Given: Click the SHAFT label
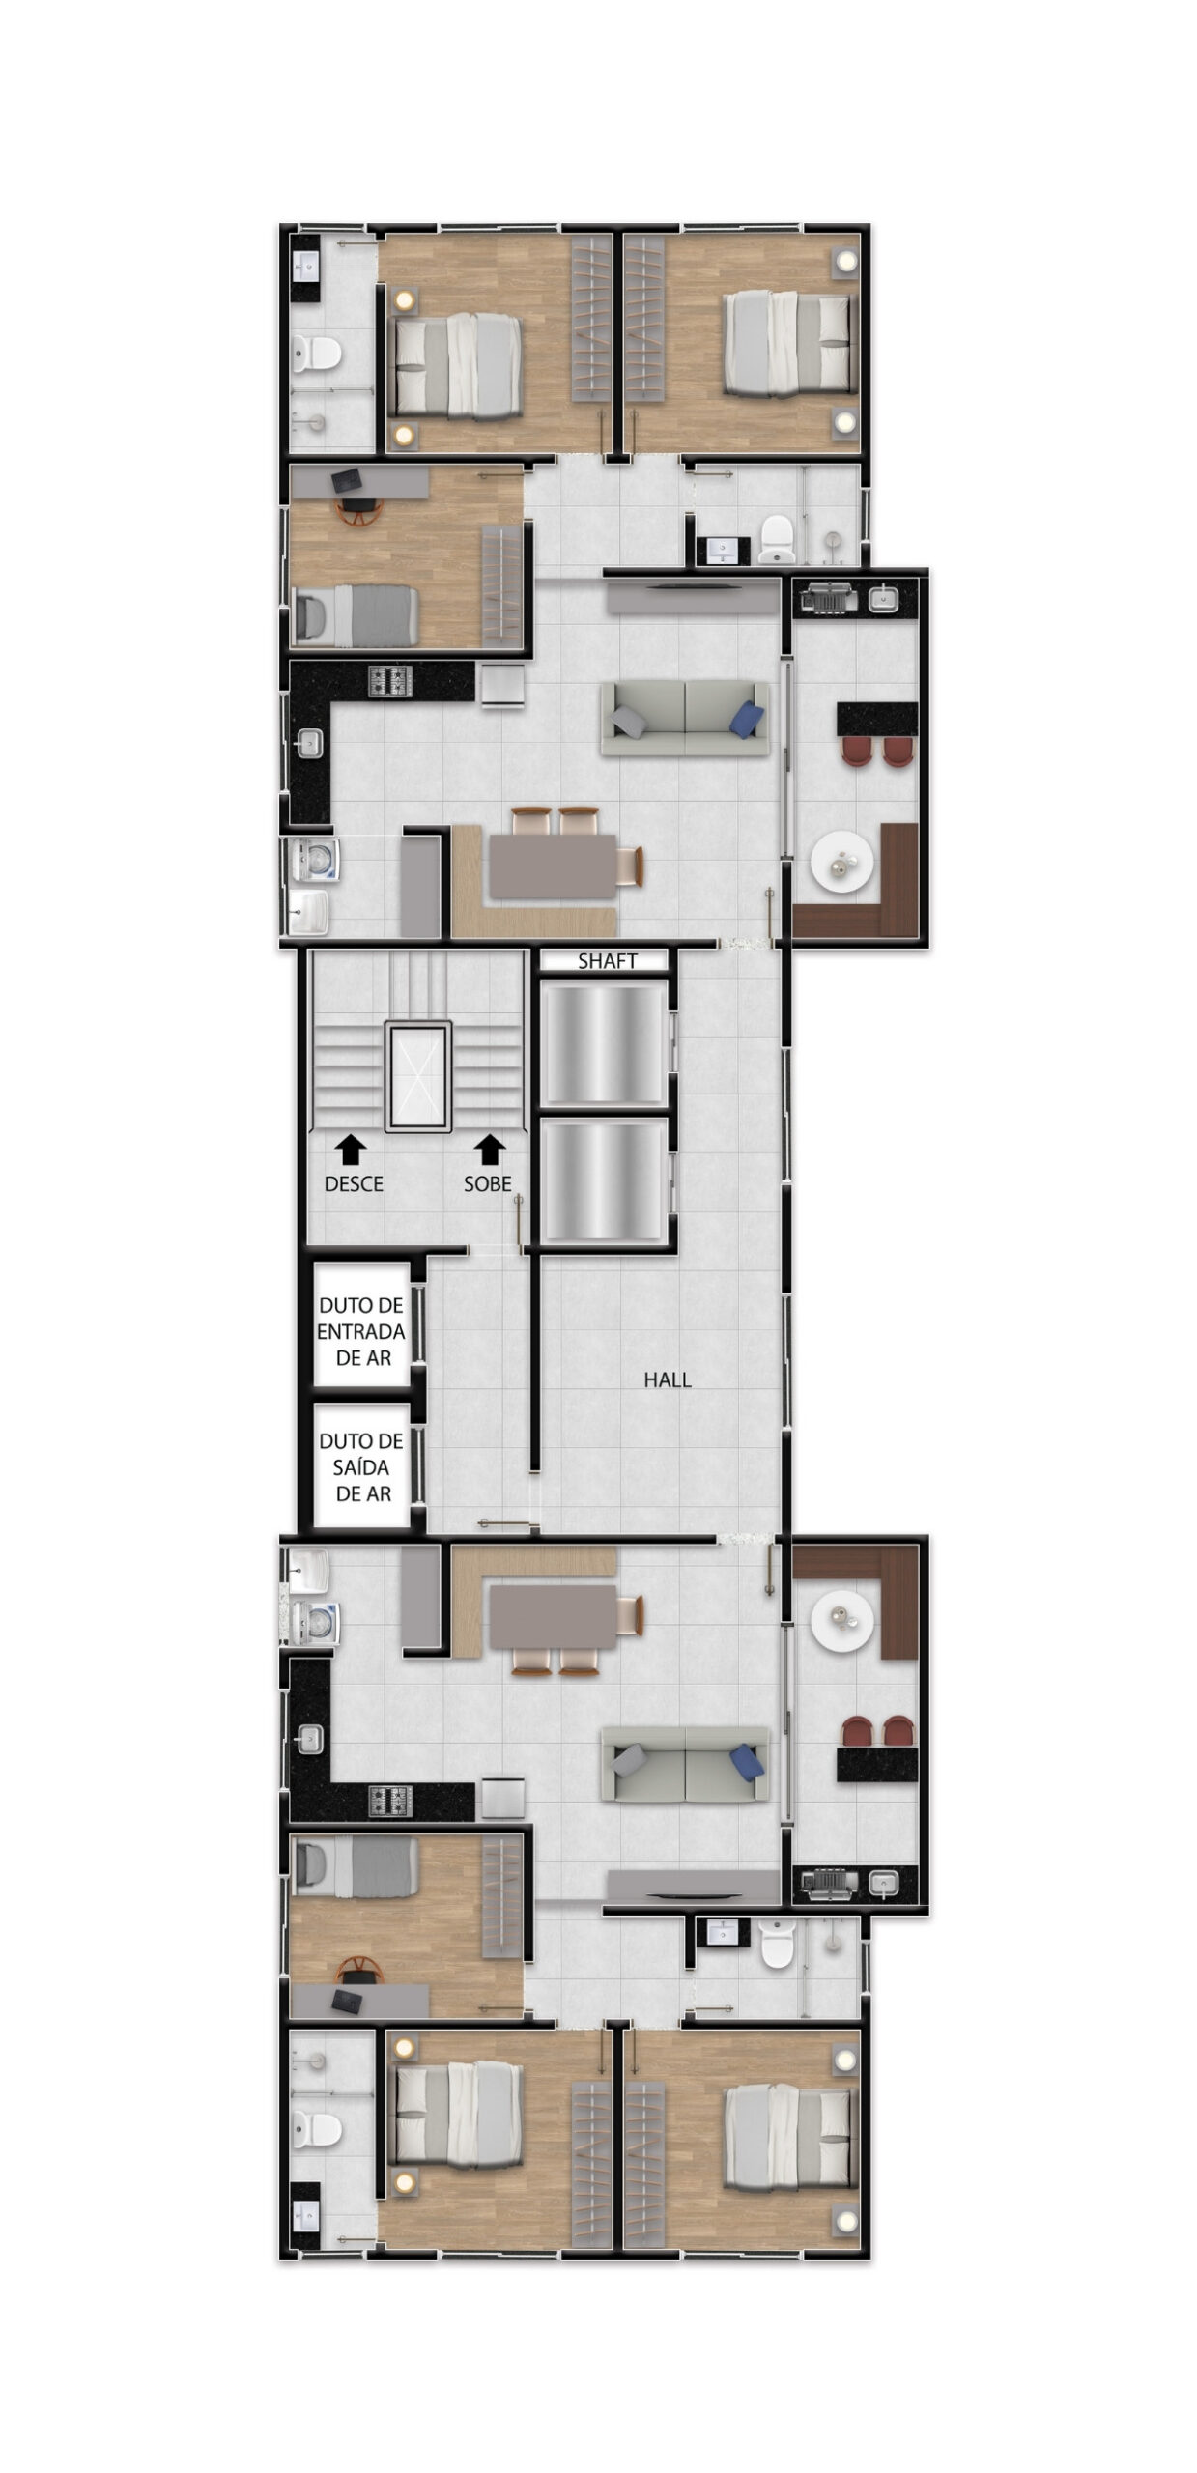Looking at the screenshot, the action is pos(607,960).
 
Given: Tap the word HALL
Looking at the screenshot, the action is pos(667,1379).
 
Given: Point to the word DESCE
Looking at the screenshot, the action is pos(354,1183).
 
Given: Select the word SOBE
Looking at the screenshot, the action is pos(487,1183).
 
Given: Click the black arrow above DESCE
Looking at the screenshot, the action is pos(351,1150).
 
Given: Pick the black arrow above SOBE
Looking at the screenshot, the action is pos(490,1150).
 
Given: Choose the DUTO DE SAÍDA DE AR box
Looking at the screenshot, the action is pos(361,1465).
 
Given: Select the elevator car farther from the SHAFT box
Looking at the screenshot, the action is pos(604,1182).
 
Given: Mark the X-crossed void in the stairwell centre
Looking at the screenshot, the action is pos(417,1075).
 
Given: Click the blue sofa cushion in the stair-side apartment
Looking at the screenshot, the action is pos(746,720).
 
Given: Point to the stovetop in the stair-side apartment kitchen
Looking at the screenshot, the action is pos(390,681).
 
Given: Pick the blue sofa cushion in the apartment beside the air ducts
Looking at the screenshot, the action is pos(746,1760).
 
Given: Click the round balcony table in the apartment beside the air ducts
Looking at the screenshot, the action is pos(842,1618).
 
